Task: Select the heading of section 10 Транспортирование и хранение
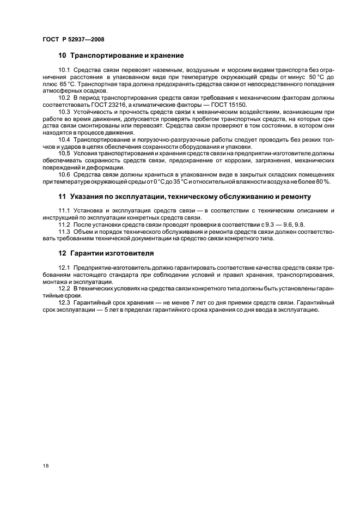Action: click(121, 56)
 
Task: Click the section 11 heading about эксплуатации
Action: click(185, 197)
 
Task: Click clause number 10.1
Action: click(65, 72)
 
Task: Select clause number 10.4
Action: click(65, 140)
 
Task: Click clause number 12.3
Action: click(65, 302)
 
